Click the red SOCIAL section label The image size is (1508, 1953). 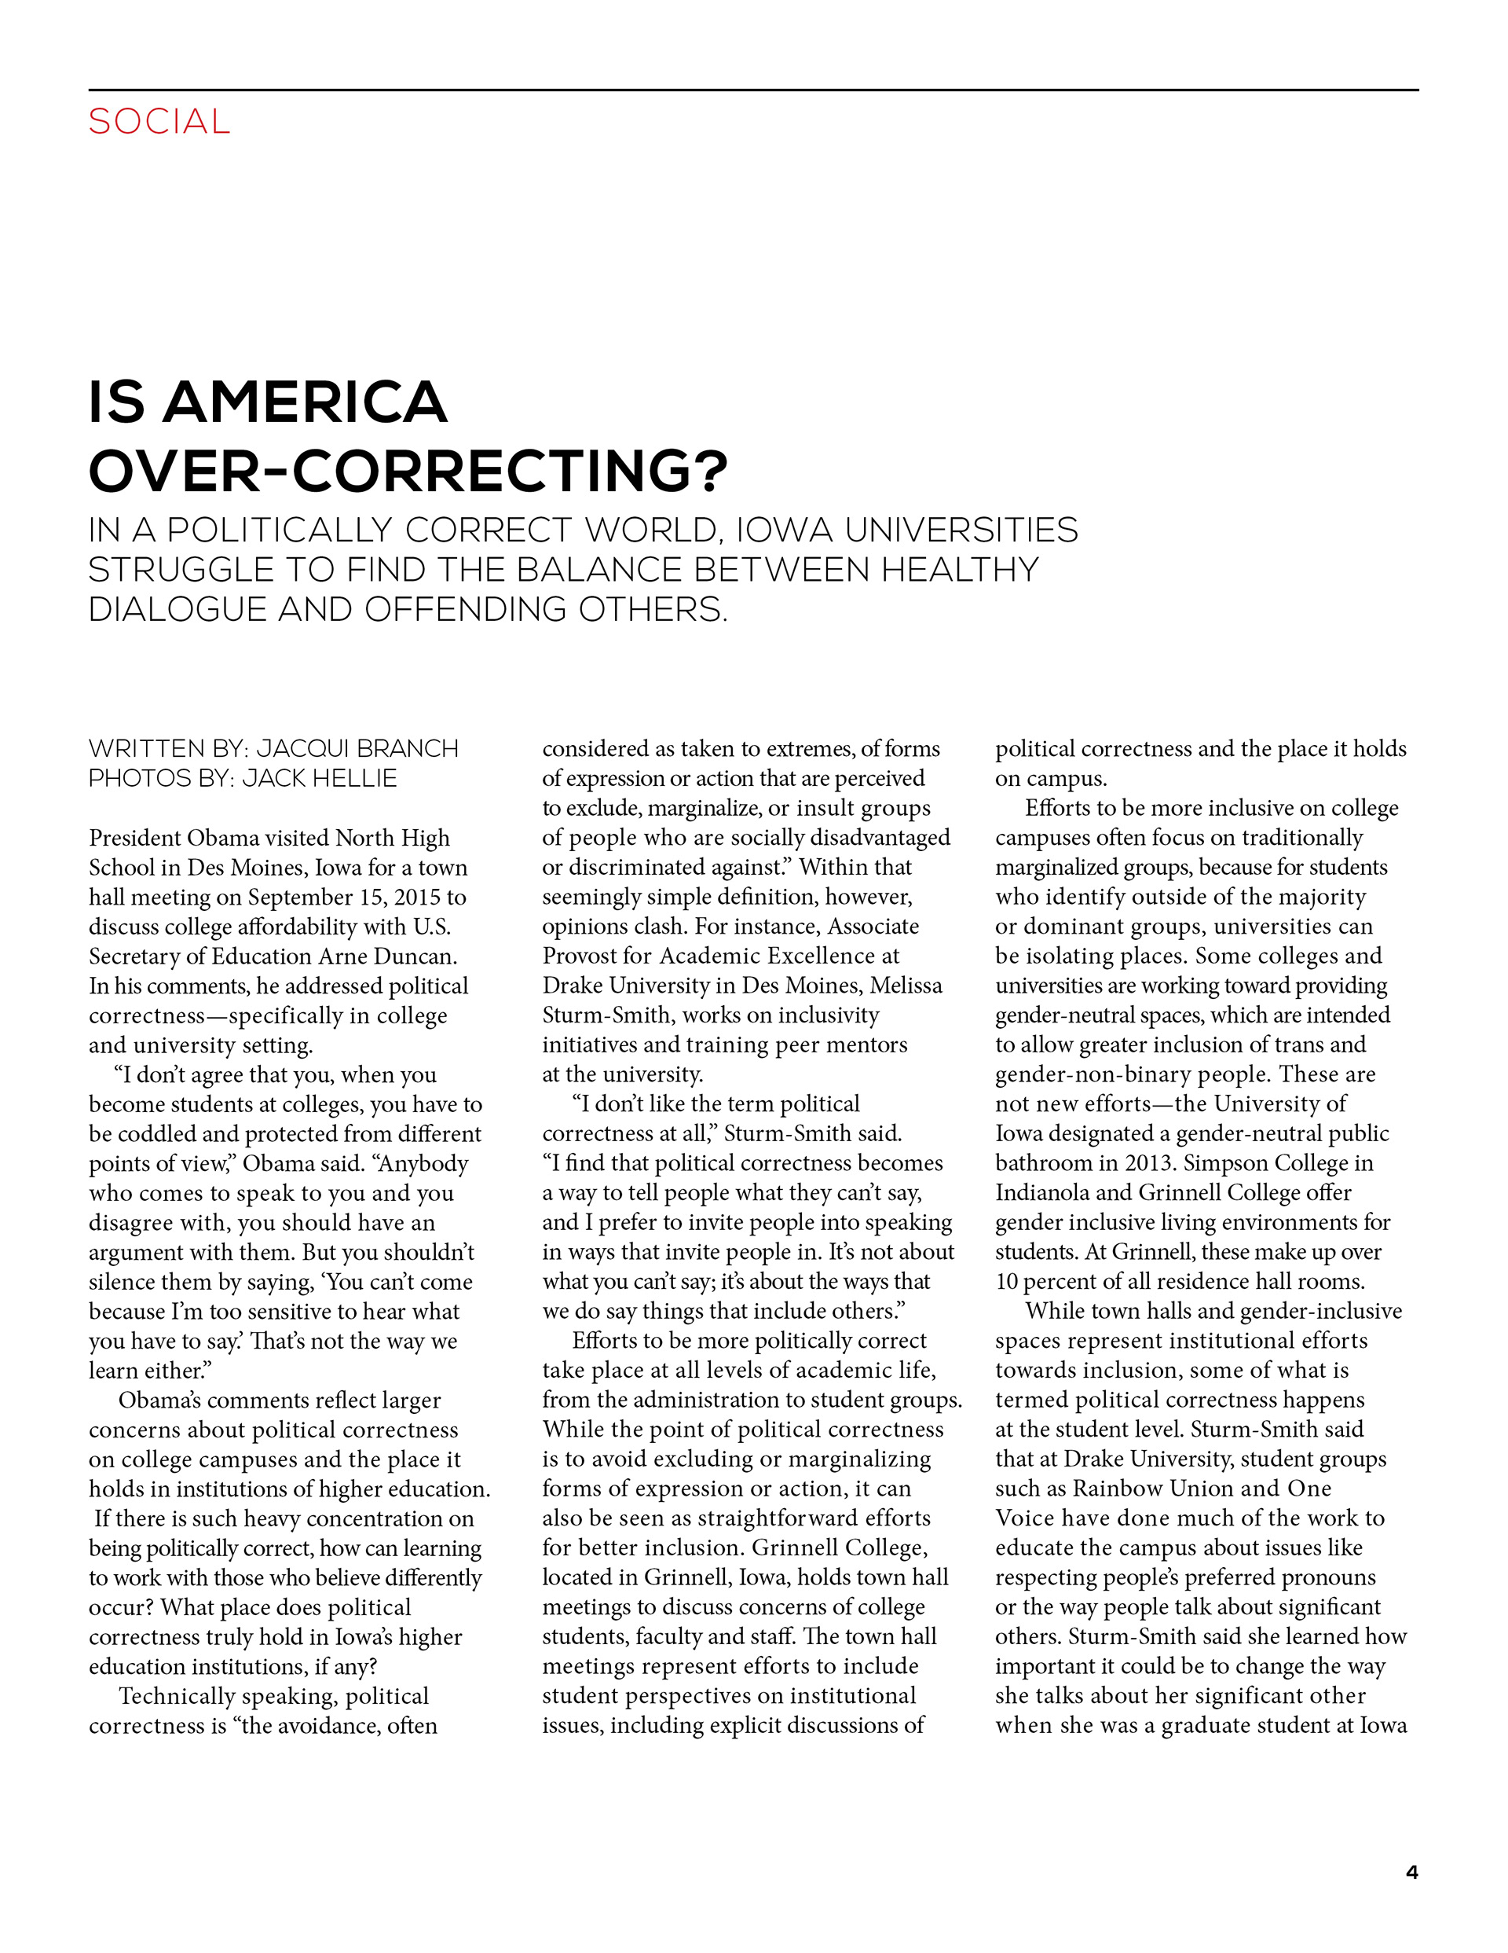[x=159, y=122]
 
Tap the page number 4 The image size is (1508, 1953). [x=1411, y=1871]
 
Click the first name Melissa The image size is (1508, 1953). [x=906, y=986]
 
